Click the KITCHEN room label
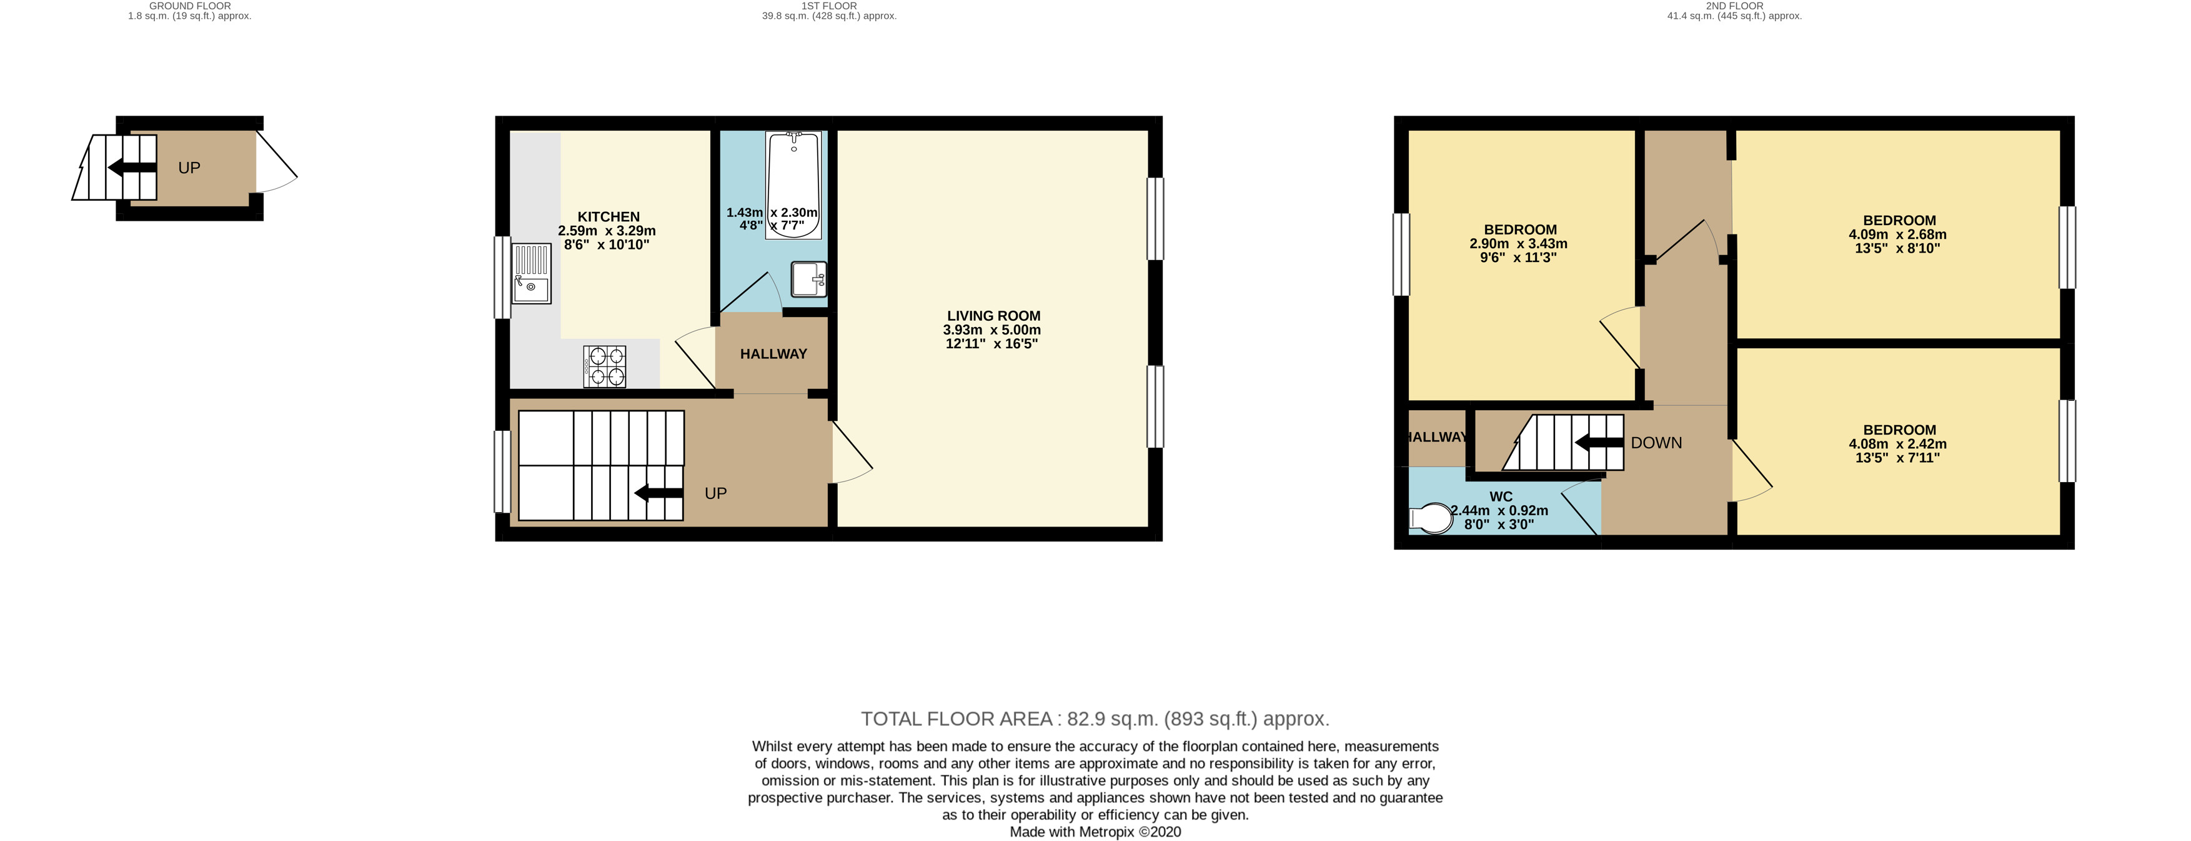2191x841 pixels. point(608,217)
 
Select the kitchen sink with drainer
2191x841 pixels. point(532,274)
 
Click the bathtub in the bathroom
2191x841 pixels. point(793,184)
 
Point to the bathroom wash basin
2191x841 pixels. point(808,278)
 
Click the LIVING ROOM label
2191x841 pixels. point(993,316)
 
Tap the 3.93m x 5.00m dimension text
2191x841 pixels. point(991,330)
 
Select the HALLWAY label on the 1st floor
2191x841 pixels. point(773,354)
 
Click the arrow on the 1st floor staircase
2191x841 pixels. point(658,493)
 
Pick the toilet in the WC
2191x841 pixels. point(1431,518)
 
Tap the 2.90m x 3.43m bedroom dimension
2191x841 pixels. point(1519,243)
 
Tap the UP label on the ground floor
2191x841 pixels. point(189,168)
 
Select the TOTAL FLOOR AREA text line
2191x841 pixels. point(1095,718)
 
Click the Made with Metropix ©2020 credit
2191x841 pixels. point(1095,832)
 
